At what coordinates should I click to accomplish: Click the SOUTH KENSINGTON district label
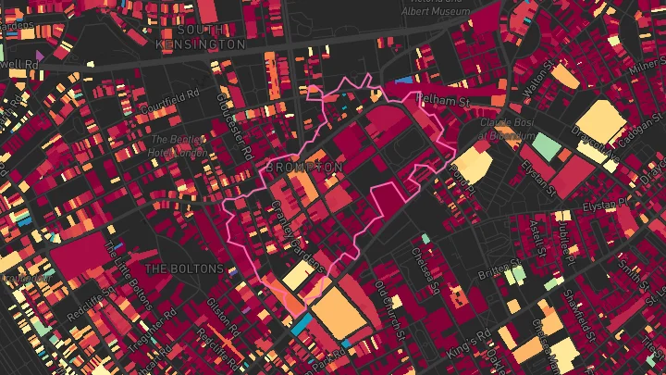tap(201, 37)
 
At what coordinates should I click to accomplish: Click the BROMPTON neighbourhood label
tap(304, 167)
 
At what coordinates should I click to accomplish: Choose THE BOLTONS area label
tap(185, 269)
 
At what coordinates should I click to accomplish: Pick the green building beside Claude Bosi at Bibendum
tap(547, 147)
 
